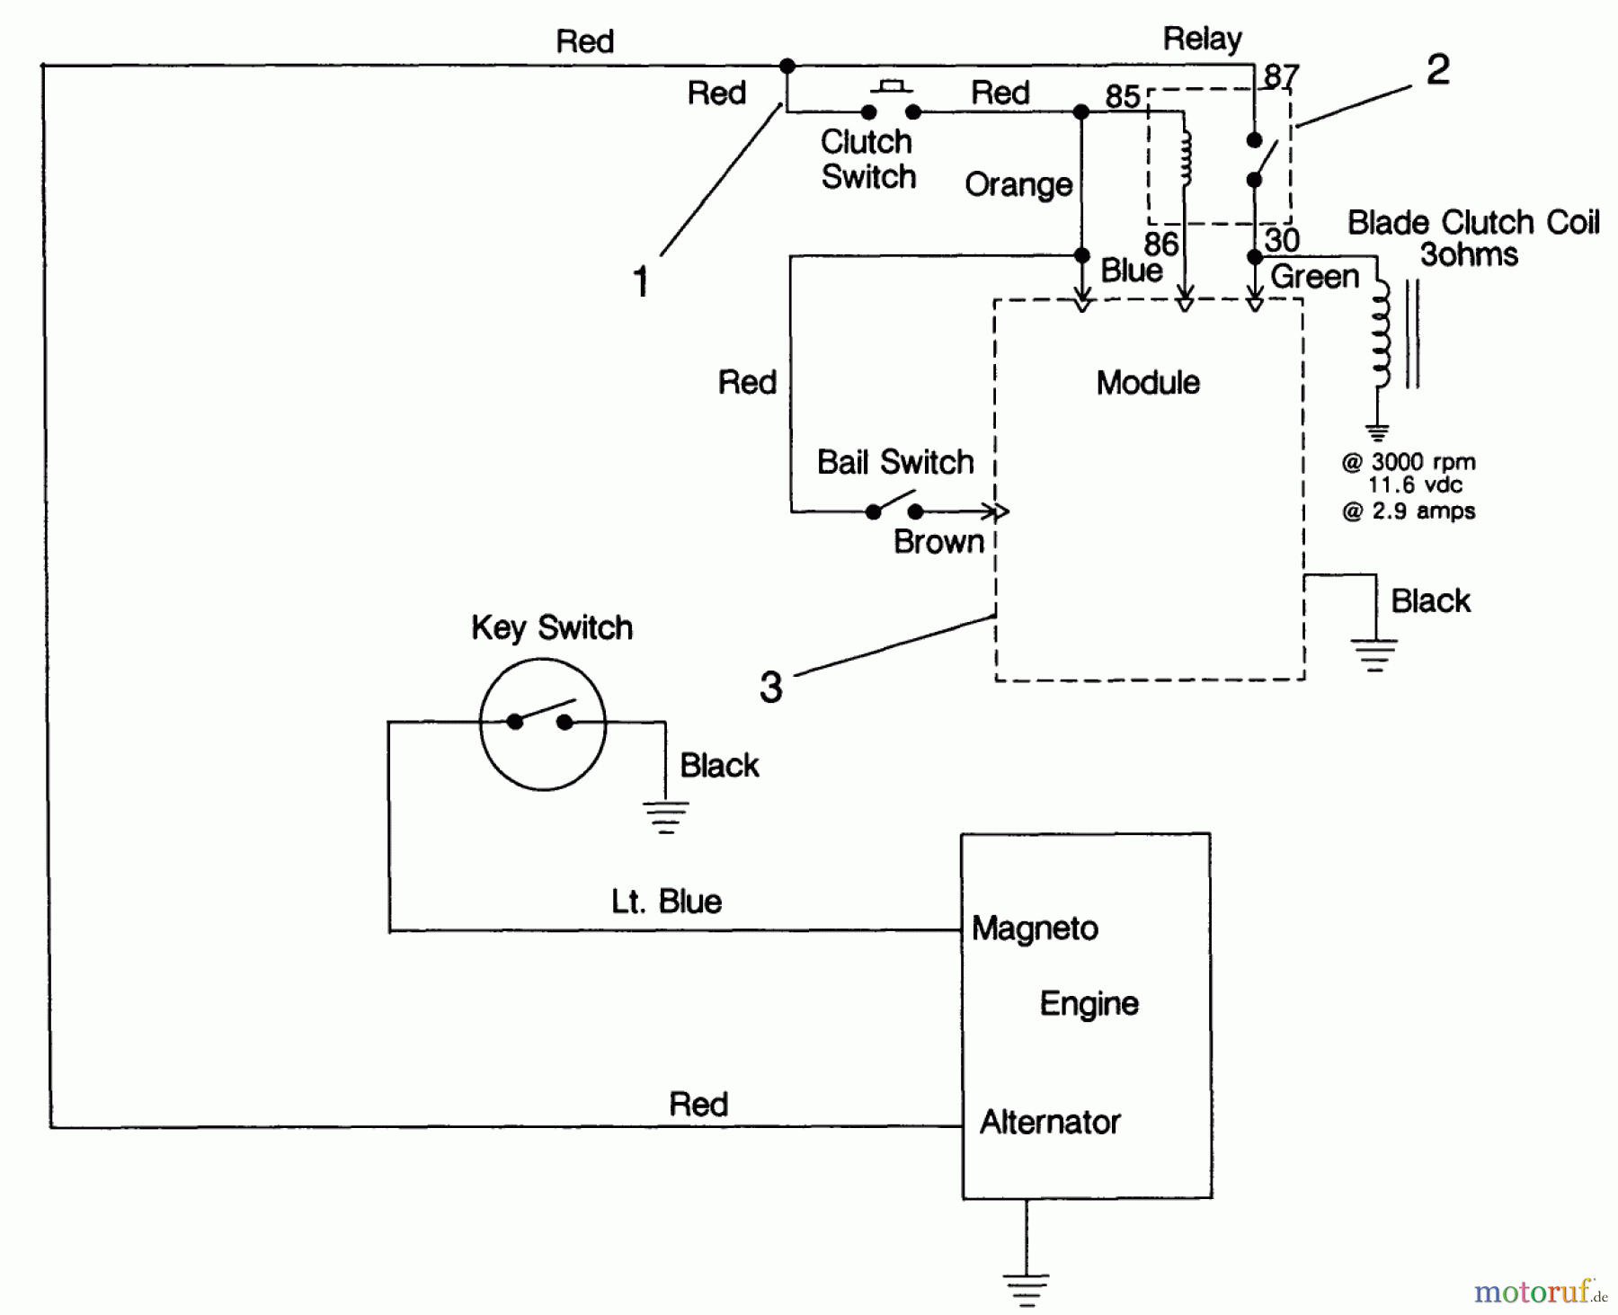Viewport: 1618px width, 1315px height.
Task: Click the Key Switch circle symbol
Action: (x=542, y=724)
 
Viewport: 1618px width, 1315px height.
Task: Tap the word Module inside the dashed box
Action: (x=1147, y=383)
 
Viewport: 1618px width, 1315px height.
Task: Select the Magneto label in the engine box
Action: (x=1035, y=928)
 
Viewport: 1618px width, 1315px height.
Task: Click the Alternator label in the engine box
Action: (x=1049, y=1122)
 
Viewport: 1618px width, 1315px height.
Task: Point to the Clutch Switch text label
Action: (x=867, y=159)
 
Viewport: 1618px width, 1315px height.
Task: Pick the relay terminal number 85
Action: (x=1122, y=96)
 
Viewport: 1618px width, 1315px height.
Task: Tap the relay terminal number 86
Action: (x=1160, y=244)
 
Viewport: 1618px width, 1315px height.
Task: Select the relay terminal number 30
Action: (x=1282, y=240)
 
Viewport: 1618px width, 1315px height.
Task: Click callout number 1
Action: (x=640, y=282)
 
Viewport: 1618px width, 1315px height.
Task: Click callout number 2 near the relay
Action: (x=1437, y=70)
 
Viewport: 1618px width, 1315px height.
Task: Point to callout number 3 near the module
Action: (x=770, y=688)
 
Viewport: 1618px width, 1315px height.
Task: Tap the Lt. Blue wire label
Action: (x=666, y=902)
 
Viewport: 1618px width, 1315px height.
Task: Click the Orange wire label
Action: (x=1018, y=185)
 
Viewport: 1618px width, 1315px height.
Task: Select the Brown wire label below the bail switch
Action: (x=938, y=542)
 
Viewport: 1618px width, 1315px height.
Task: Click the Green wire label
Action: (x=1314, y=277)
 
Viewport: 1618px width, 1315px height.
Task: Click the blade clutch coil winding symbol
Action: (x=1379, y=334)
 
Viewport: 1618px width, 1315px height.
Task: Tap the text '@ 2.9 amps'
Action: (x=1408, y=511)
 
